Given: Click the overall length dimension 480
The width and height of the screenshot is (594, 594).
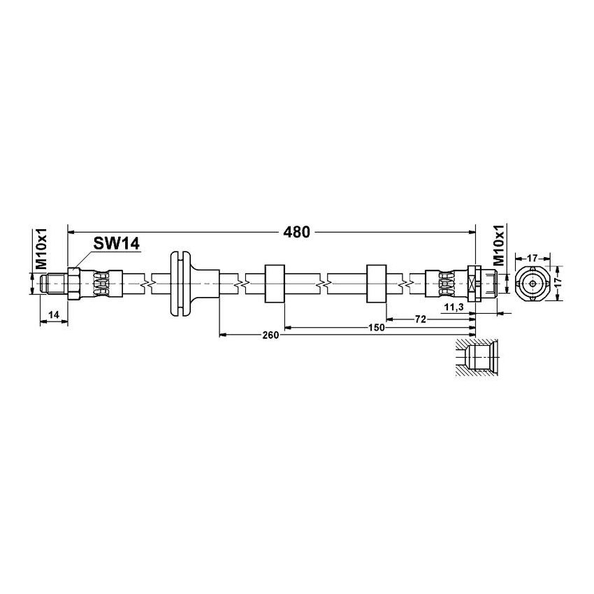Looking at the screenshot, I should [x=296, y=233].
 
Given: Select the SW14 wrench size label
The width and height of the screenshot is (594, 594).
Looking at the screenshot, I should [x=116, y=243].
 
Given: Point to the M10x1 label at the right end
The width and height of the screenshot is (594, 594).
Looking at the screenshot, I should [x=498, y=245].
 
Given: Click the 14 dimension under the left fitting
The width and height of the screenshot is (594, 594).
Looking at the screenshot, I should [x=54, y=316].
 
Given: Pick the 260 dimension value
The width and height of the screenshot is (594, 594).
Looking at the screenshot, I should [x=270, y=335].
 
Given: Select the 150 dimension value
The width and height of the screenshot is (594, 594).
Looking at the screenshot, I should [x=376, y=327].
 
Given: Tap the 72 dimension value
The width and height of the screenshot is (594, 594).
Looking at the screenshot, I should [x=421, y=319].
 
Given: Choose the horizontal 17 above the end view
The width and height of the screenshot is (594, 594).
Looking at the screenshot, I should [x=532, y=258].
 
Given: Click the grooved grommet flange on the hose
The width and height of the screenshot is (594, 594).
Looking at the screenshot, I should [x=180, y=283].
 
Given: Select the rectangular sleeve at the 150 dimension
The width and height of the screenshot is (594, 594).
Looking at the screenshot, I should [x=274, y=283].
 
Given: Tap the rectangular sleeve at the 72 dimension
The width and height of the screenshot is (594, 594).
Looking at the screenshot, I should [x=377, y=283].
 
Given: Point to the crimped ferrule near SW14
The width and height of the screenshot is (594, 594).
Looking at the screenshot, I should [x=102, y=283].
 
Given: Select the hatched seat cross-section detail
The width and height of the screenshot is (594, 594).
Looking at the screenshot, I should [x=475, y=358].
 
